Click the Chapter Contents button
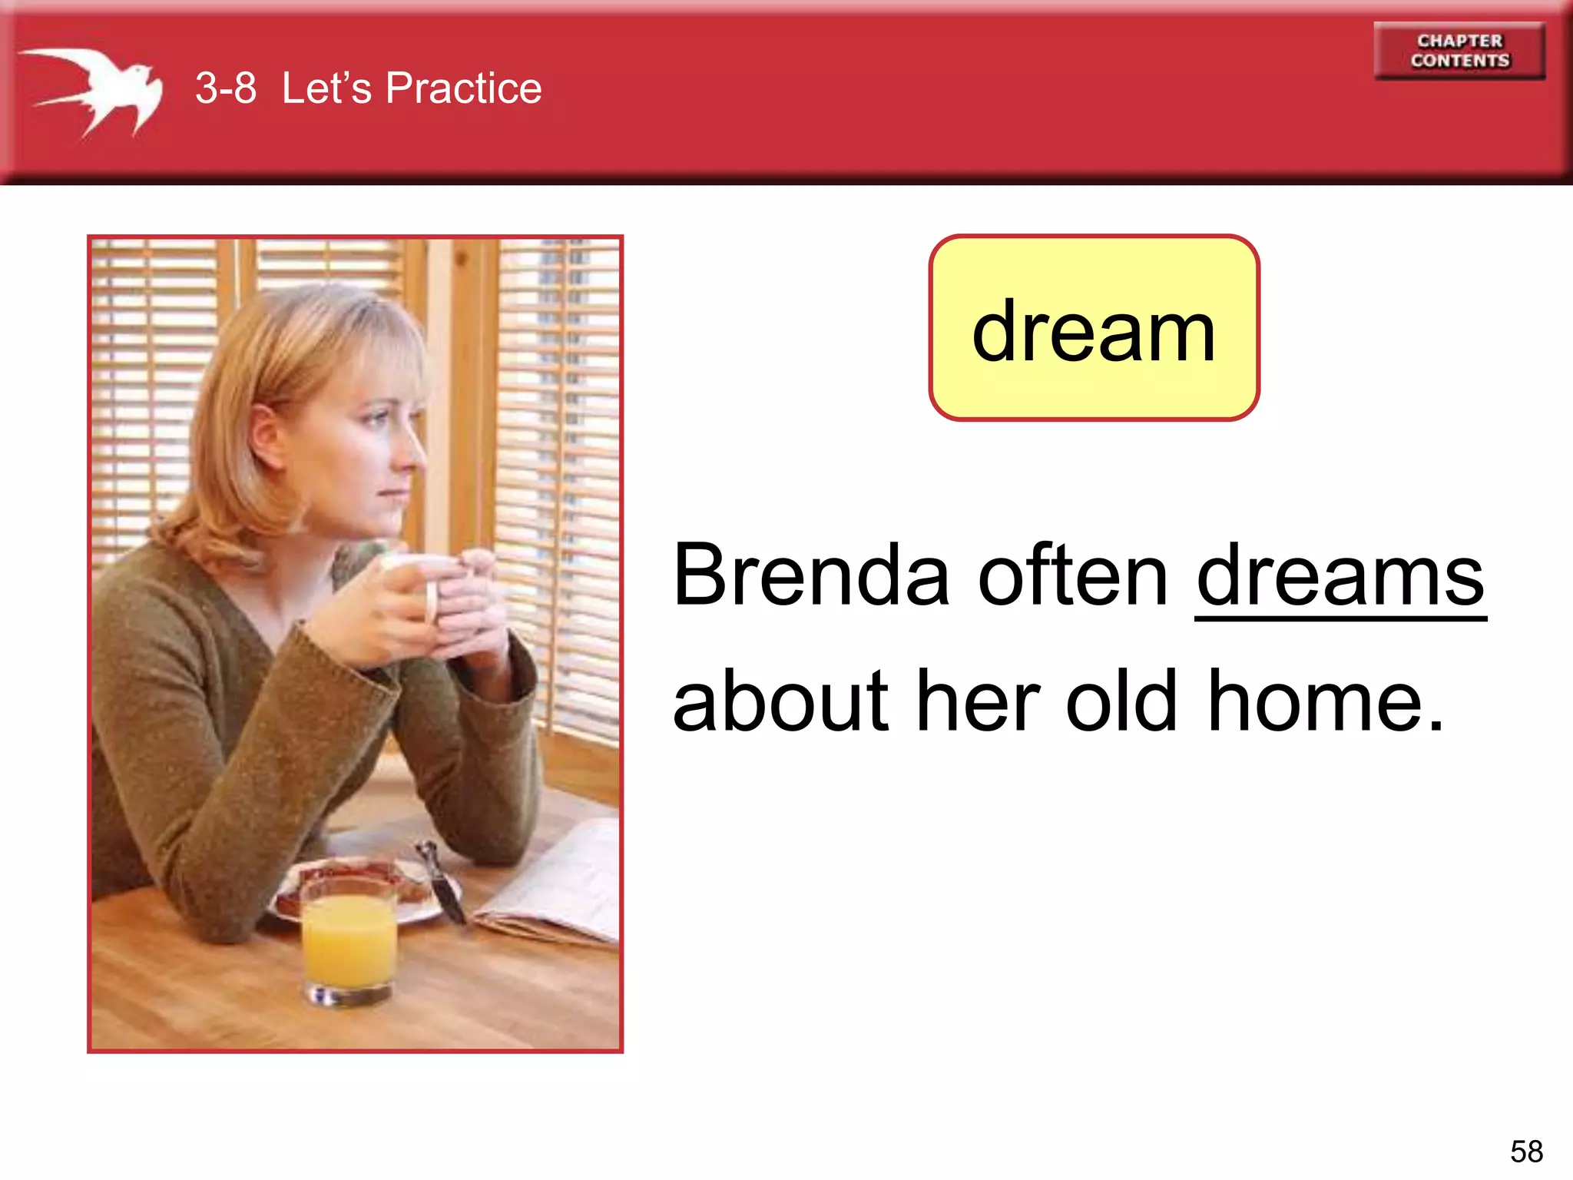(1459, 51)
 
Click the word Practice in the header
(463, 88)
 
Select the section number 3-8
(225, 88)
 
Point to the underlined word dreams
(1340, 576)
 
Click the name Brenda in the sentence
(811, 576)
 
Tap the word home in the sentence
(1326, 701)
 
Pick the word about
(780, 701)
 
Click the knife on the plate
(442, 883)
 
